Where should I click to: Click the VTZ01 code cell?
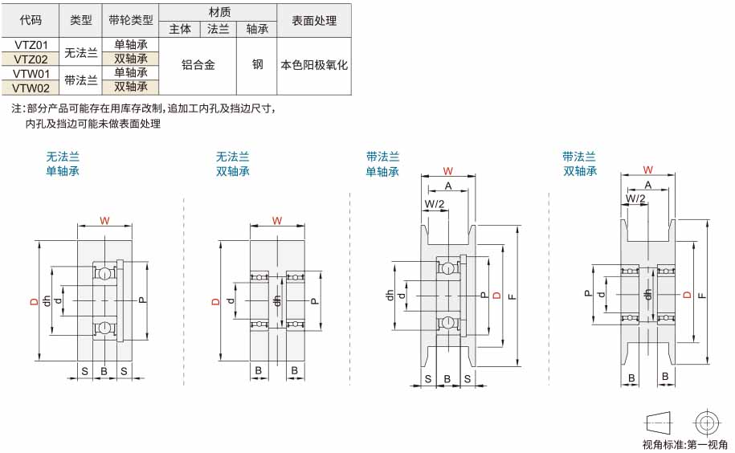tap(31, 45)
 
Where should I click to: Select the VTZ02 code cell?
tap(31, 59)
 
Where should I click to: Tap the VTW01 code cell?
tap(31, 74)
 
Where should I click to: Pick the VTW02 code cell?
tap(31, 88)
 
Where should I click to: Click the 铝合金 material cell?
tap(198, 64)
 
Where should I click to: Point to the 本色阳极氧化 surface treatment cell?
tap(314, 64)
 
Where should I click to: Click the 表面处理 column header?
tap(314, 21)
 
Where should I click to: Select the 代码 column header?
tap(31, 20)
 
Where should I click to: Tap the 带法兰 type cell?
tap(80, 80)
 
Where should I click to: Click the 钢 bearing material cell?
tap(257, 64)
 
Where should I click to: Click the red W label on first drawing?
tap(104, 220)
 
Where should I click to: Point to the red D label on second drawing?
tap(215, 301)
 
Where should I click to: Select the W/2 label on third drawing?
tap(434, 204)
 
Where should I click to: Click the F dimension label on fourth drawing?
tap(702, 295)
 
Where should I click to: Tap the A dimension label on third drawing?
tap(448, 186)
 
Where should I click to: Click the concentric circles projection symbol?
tap(706, 423)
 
